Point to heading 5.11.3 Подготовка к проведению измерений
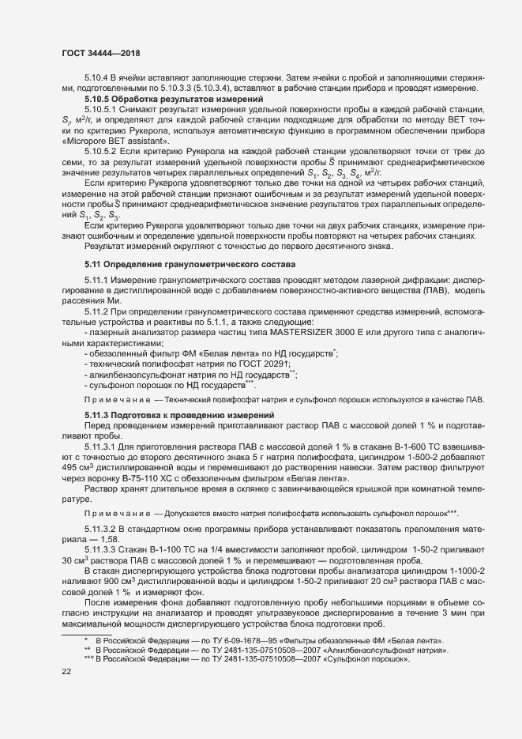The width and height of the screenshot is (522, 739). click(x=179, y=415)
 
